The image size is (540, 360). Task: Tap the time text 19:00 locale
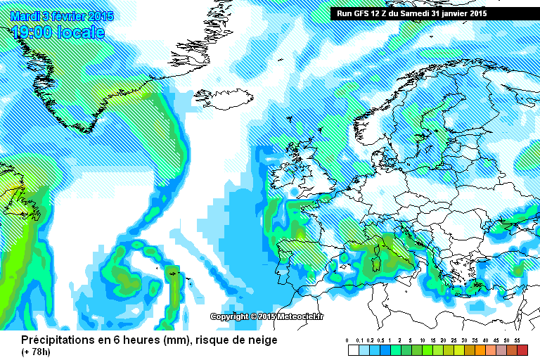[58, 32]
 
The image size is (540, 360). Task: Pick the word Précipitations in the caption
[53, 340]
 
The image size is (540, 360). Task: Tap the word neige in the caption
[262, 340]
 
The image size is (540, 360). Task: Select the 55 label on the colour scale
[517, 340]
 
